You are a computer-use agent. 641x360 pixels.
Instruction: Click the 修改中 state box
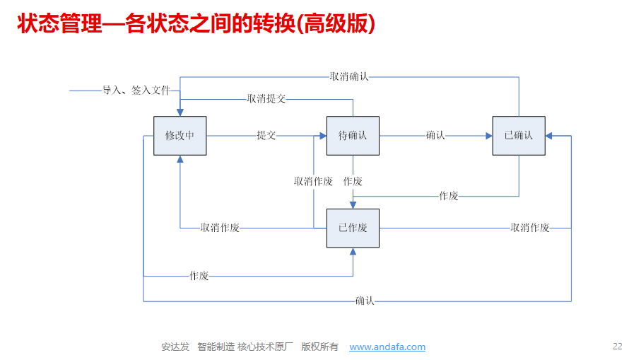tap(180, 135)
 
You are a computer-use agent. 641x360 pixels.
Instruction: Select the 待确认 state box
tap(353, 135)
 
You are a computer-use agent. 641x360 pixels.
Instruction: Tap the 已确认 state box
tap(519, 135)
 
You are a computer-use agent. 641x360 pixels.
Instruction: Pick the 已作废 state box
tap(353, 228)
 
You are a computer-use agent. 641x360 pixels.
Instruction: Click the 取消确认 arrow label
tap(348, 76)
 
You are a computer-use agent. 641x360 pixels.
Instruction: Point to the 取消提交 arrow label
tap(266, 99)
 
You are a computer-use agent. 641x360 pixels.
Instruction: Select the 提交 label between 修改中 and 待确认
tap(266, 135)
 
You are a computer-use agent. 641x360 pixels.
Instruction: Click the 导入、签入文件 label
tap(136, 91)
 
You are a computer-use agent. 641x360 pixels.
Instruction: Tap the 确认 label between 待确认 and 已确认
tap(435, 135)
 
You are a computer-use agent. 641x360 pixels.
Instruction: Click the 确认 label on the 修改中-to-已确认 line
tap(365, 301)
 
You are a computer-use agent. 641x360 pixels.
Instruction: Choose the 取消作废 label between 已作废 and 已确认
tap(530, 228)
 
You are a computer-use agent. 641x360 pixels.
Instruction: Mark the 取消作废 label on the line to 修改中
tap(220, 228)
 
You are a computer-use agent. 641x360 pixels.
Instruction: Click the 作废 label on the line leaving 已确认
tap(449, 196)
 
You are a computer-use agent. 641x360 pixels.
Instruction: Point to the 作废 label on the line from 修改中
tap(199, 276)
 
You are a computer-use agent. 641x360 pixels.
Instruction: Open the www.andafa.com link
tap(387, 347)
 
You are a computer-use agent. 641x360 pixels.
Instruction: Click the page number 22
tap(617, 347)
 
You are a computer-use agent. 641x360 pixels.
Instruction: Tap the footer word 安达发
tap(175, 347)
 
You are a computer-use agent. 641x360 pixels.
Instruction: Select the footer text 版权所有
tap(319, 347)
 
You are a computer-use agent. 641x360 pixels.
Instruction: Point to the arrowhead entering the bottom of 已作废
tap(353, 252)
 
